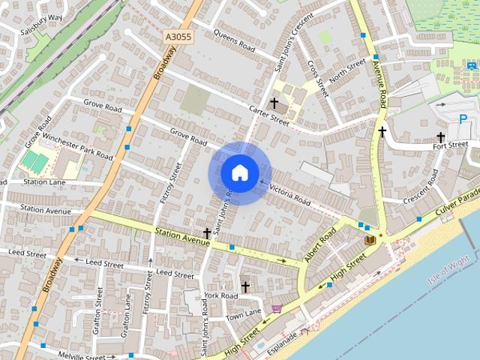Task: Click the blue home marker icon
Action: coord(239,172)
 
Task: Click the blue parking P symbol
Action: coord(463,118)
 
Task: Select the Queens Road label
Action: coord(235,37)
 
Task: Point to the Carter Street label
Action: coord(269,115)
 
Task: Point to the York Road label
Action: coord(220,295)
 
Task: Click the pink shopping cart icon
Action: coord(277,308)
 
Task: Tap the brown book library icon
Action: coord(369,239)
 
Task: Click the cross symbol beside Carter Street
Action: coord(274,102)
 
